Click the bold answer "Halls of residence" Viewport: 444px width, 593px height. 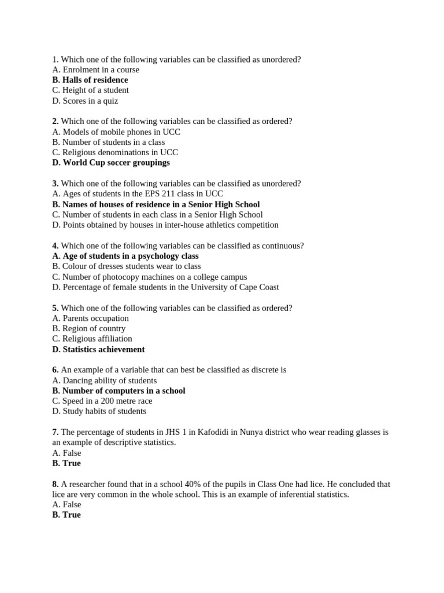tap(90, 80)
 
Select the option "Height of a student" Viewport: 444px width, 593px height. tap(90, 90)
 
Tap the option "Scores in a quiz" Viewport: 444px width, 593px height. tap(85, 101)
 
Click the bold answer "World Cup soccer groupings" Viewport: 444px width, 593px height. tap(111, 163)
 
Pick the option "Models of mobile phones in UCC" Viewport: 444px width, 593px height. tap(116, 132)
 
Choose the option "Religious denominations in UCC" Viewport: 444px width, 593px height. tap(114, 152)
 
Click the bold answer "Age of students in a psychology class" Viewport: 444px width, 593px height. tap(125, 256)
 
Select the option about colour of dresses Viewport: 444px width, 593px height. tap(127, 266)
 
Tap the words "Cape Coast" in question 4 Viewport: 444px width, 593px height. tap(258, 287)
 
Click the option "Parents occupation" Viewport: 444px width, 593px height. tap(91, 319)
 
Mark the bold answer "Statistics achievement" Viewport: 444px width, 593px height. tap(98, 349)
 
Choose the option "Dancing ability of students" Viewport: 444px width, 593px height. tap(105, 380)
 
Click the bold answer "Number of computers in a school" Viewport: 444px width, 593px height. tap(119, 391)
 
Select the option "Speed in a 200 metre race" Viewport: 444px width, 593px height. tap(102, 401)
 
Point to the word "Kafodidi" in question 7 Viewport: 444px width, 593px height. tap(213, 432)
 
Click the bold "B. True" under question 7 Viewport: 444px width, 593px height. tap(66, 463)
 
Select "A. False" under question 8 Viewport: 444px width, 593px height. tap(66, 504)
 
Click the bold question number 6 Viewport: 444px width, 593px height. tap(55, 370)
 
